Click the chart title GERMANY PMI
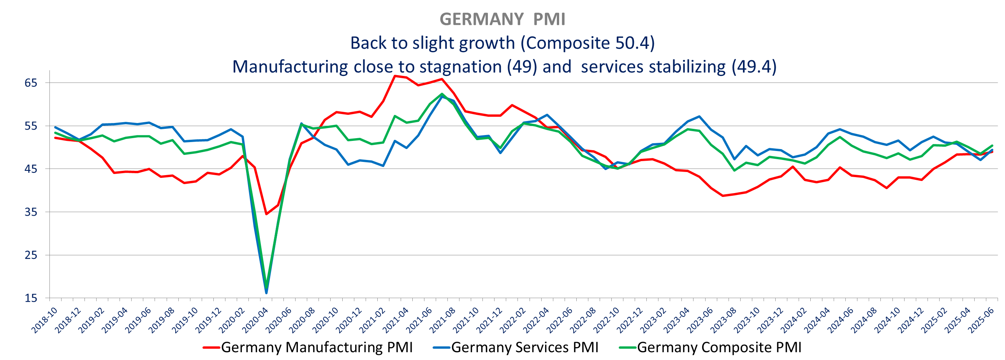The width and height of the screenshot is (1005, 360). pyautogui.click(x=502, y=19)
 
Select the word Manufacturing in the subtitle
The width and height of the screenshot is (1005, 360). pyautogui.click(x=290, y=67)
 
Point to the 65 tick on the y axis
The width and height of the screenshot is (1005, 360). pyautogui.click(x=31, y=83)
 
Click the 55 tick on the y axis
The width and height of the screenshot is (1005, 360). pyautogui.click(x=31, y=126)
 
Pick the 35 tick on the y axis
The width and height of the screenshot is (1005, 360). pyautogui.click(x=31, y=212)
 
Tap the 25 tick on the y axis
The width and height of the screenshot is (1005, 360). pyautogui.click(x=31, y=255)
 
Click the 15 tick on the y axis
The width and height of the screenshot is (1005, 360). pyautogui.click(x=31, y=299)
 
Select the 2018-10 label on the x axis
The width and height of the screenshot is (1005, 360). pyautogui.click(x=44, y=320)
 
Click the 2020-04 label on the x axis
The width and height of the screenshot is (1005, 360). pyautogui.click(x=255, y=320)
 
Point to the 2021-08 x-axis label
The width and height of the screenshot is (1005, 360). pyautogui.click(x=443, y=320)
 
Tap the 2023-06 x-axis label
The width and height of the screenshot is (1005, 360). pyautogui.click(x=700, y=320)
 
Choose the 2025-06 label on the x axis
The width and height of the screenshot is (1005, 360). pyautogui.click(x=981, y=320)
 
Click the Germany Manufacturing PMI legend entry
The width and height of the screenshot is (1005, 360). pyautogui.click(x=308, y=347)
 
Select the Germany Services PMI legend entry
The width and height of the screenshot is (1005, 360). pyautogui.click(x=516, y=347)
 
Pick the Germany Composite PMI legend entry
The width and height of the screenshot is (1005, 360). pyautogui.click(x=711, y=347)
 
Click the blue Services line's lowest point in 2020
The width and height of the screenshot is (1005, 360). pyautogui.click(x=266, y=293)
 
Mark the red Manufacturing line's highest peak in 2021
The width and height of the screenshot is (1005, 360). pyautogui.click(x=395, y=76)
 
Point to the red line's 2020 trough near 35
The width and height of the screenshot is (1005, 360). pyautogui.click(x=266, y=214)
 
